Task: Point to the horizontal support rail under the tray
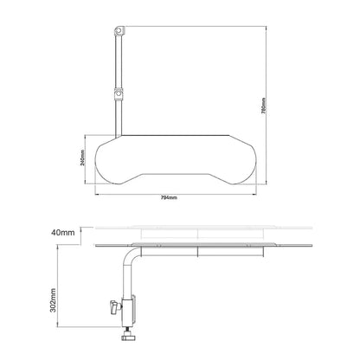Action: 199,251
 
